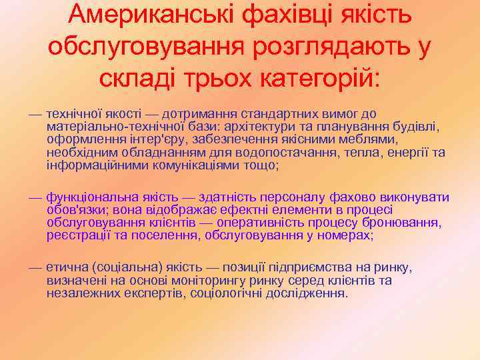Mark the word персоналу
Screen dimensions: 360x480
coord(293,197)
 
